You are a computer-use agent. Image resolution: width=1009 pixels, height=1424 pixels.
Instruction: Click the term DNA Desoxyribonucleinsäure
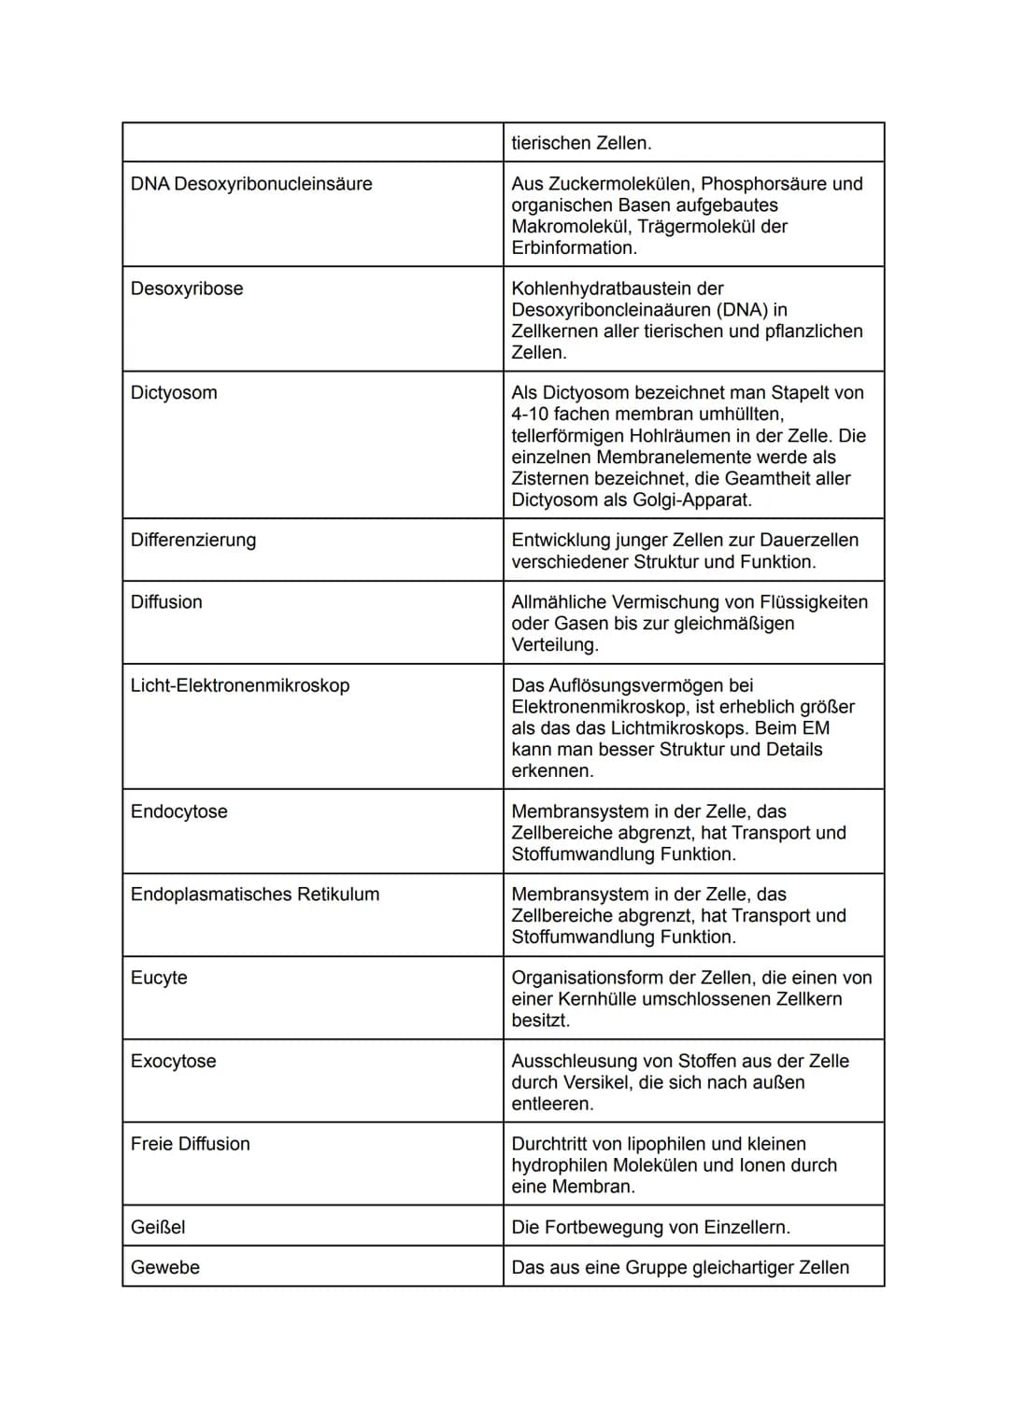251,184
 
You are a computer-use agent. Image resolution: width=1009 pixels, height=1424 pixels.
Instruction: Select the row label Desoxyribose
187,289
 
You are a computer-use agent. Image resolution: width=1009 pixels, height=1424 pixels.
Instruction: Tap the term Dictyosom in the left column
174,392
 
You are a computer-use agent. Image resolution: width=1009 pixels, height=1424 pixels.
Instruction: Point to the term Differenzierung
193,540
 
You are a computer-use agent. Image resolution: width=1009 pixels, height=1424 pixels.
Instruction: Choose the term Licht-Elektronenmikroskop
240,685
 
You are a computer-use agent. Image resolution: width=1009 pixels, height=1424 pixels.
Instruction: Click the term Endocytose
179,811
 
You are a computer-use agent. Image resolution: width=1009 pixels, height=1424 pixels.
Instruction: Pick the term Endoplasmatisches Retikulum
255,895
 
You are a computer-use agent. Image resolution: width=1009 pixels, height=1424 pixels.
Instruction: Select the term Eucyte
159,978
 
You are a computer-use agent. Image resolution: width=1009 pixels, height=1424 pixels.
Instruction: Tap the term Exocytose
174,1061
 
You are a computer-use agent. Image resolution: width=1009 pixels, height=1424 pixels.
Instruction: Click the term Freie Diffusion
191,1144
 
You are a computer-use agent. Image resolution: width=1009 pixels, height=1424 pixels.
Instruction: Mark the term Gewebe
165,1267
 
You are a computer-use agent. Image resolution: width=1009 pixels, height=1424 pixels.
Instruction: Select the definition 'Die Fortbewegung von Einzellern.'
650,1227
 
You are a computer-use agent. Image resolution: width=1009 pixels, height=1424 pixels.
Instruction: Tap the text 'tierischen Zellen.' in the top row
581,143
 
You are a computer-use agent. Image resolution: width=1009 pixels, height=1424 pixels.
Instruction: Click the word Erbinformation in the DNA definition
573,247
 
